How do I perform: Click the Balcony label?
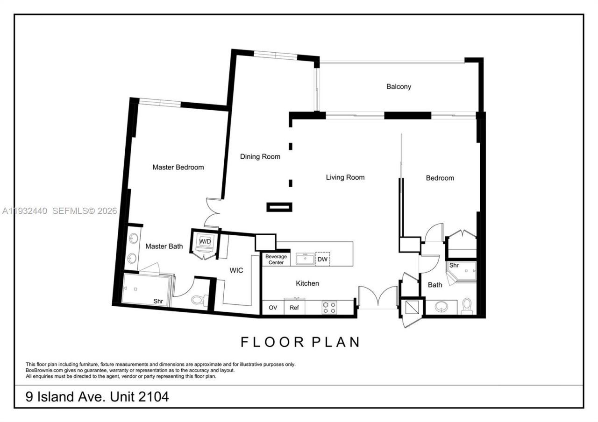point(399,86)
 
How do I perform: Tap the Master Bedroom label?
point(178,167)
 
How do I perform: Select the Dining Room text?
point(260,156)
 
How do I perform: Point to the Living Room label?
point(345,177)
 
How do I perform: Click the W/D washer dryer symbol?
point(205,242)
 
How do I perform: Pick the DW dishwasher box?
point(322,259)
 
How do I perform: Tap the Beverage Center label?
point(276,260)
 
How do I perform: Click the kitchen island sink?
point(305,259)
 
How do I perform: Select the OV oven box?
point(273,308)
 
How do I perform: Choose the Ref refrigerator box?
point(294,308)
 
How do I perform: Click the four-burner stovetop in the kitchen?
point(329,308)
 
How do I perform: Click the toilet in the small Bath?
point(467,306)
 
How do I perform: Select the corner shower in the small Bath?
point(460,272)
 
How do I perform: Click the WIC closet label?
point(236,270)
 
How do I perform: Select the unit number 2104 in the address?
point(153,397)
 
